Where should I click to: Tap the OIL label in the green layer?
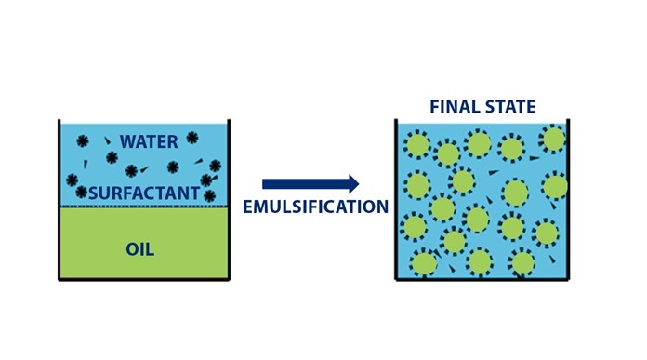tap(139, 249)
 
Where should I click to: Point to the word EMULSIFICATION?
tap(315, 207)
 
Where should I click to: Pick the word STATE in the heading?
tap(510, 107)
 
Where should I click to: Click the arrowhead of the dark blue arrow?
tap(352, 184)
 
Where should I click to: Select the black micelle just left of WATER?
tap(82, 141)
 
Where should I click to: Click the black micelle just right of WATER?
tap(192, 138)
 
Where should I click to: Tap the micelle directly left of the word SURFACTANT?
tap(82, 192)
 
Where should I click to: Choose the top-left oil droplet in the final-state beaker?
tap(417, 145)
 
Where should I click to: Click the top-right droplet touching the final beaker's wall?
tap(554, 139)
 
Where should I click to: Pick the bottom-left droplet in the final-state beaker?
tap(424, 264)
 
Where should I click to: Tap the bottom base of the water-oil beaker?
tap(143, 278)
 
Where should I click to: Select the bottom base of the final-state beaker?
tap(482, 278)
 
